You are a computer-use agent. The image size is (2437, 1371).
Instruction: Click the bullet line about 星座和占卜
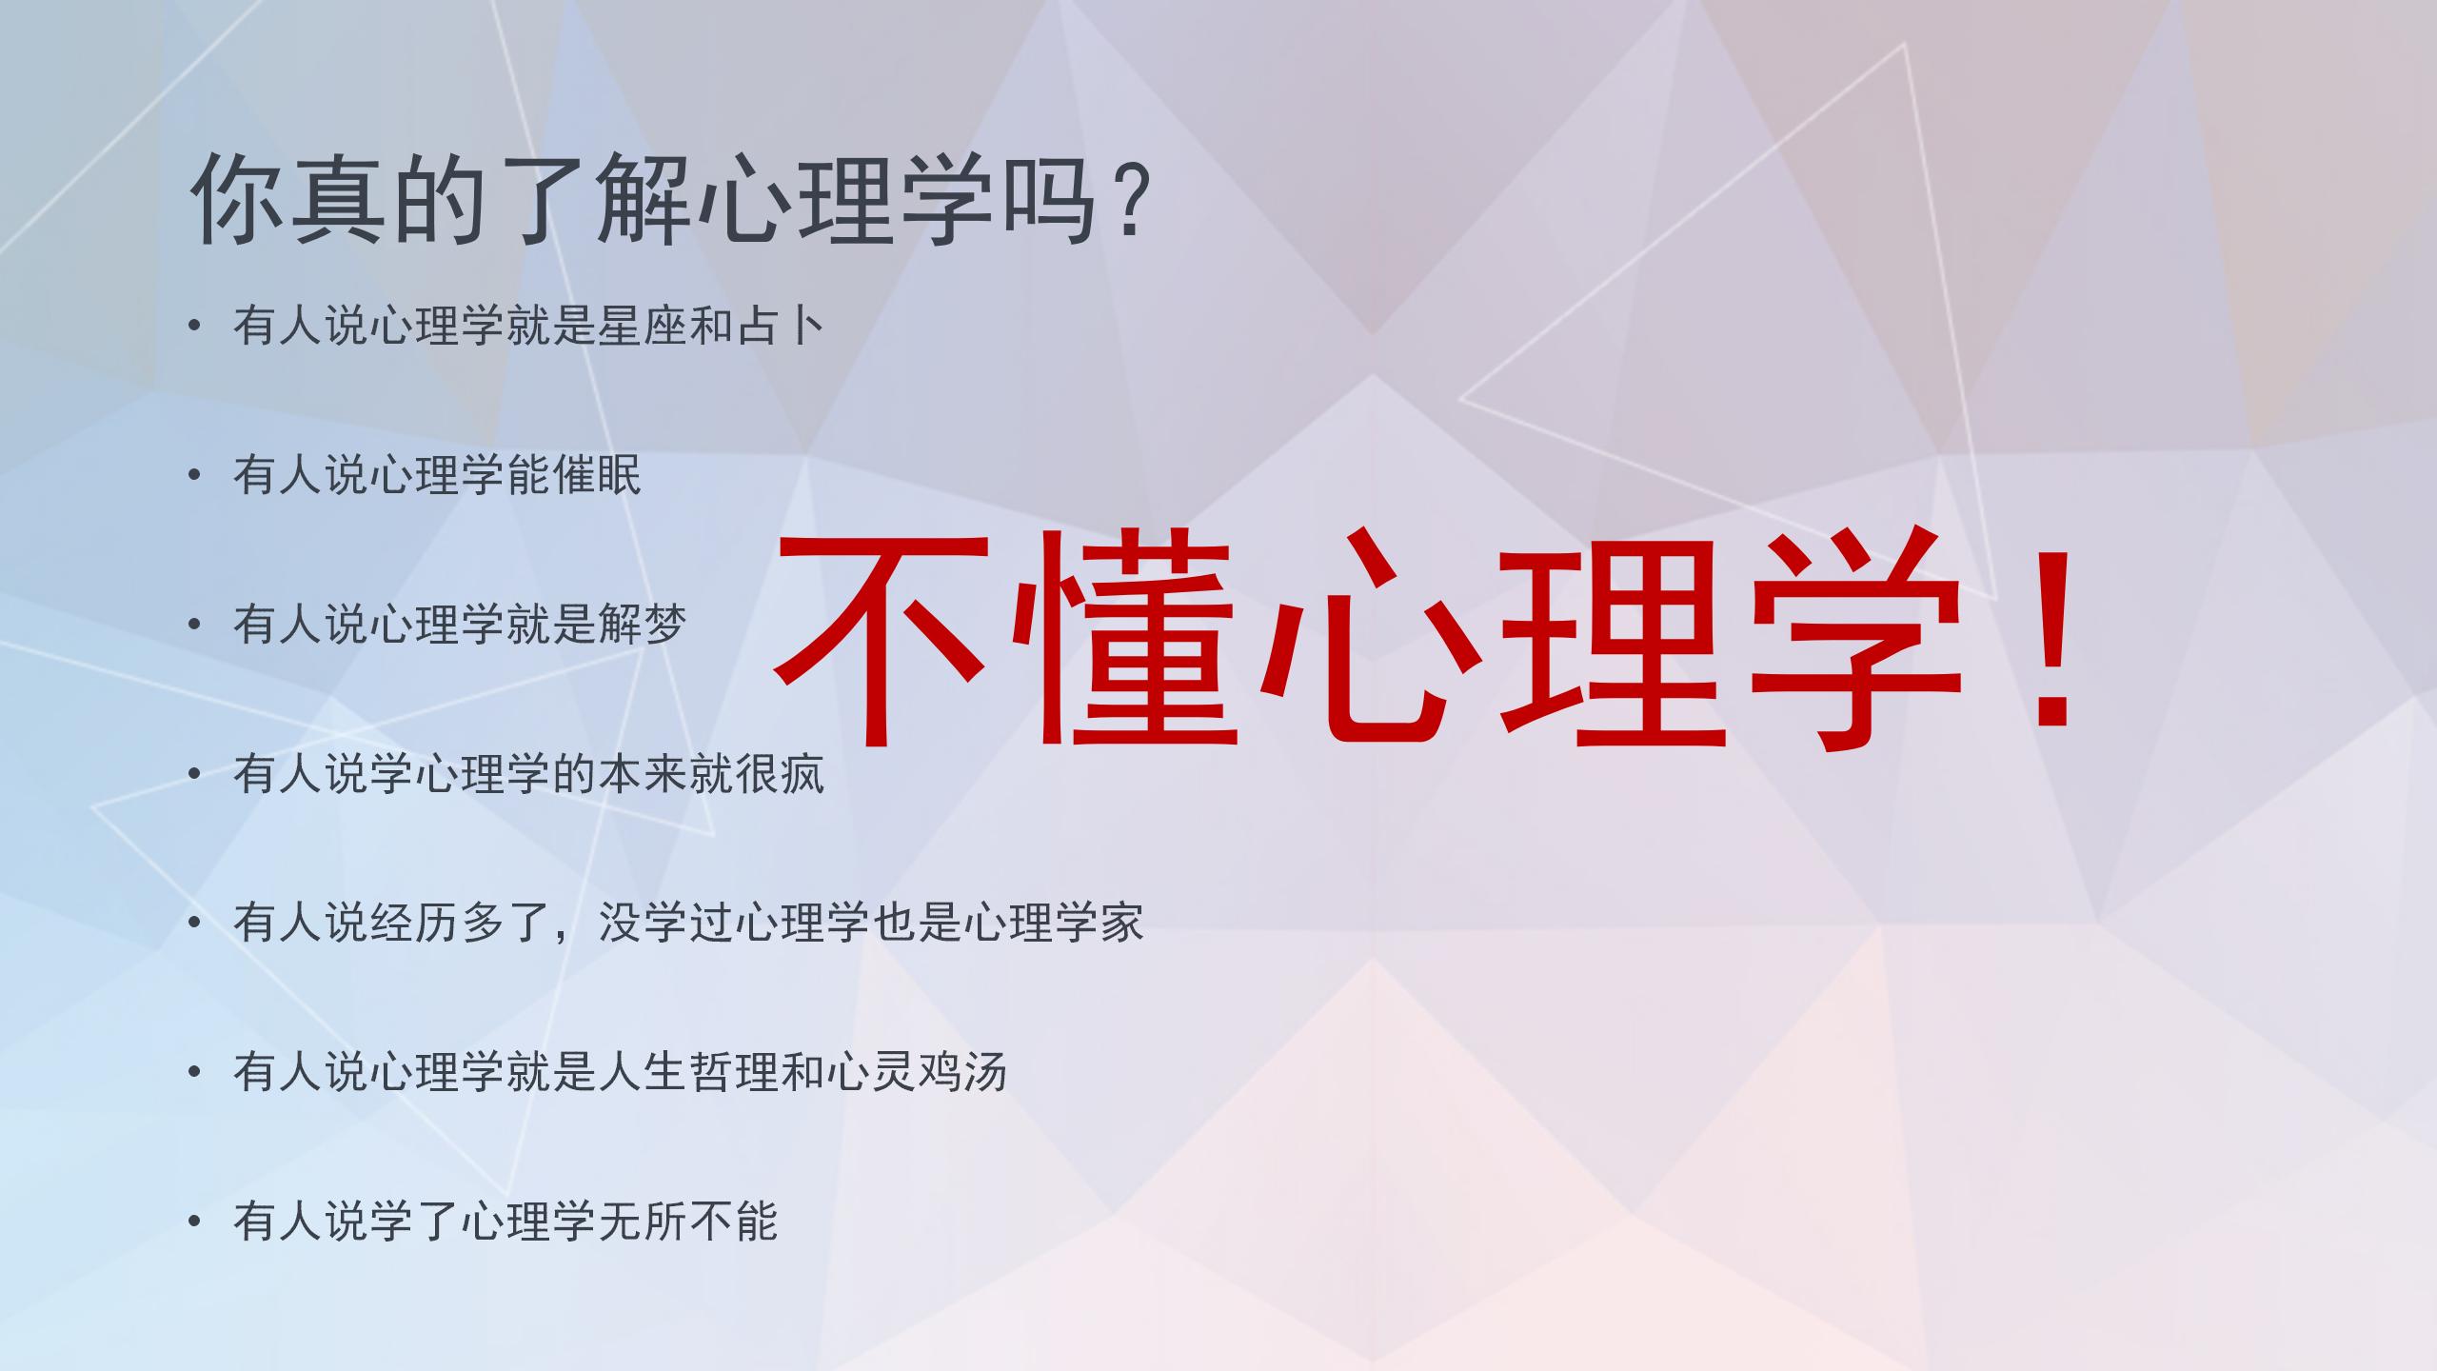tap(528, 327)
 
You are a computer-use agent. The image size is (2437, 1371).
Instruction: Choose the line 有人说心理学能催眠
tap(438, 475)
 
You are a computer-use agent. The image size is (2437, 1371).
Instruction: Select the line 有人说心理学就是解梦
tap(460, 625)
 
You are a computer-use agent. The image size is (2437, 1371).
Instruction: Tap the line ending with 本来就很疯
tap(528, 774)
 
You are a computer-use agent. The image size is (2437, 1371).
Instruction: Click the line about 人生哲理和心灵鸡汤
tap(620, 1072)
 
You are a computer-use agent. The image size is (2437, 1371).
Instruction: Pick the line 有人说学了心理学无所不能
tap(505, 1222)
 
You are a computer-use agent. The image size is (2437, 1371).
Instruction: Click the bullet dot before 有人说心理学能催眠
tap(195, 475)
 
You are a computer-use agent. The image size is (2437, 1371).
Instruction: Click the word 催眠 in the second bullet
tap(598, 475)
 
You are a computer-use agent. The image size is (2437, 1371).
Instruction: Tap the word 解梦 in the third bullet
tap(643, 625)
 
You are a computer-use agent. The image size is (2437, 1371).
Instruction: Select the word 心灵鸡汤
tap(917, 1072)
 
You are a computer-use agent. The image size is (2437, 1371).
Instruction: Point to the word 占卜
tap(781, 327)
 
